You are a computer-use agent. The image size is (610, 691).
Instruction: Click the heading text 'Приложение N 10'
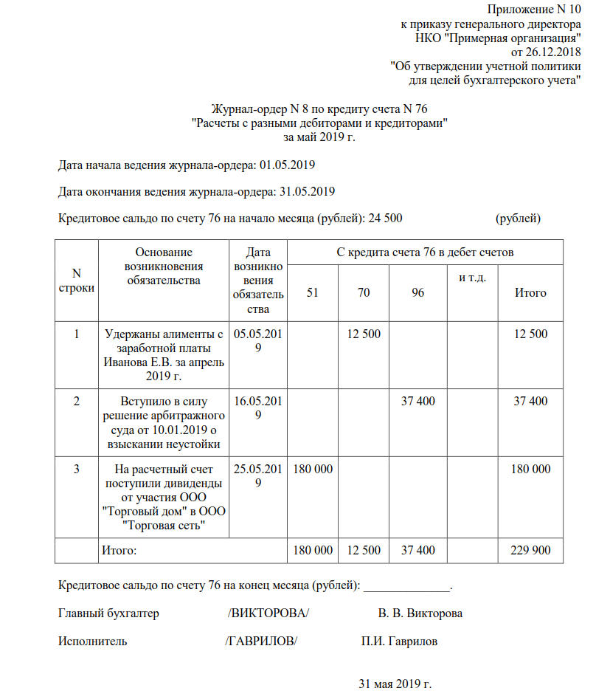pos(534,10)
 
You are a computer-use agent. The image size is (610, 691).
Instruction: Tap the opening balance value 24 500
pos(384,219)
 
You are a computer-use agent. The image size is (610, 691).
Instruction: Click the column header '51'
pos(313,292)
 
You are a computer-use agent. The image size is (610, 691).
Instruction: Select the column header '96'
pos(418,292)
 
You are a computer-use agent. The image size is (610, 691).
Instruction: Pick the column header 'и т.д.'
pos(473,278)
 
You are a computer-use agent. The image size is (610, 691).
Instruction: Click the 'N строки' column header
pos(77,281)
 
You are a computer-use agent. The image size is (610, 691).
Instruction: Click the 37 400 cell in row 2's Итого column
pos(530,401)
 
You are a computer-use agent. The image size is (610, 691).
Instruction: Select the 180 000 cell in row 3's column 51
pos(313,469)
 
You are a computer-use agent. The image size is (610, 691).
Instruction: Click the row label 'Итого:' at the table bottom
pos(119,550)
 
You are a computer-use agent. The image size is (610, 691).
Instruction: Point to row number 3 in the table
pos(77,469)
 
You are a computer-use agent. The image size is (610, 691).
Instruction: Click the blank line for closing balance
pos(406,588)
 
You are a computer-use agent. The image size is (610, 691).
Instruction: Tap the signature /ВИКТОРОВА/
pos(268,614)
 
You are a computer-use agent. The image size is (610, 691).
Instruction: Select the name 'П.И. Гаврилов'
pos(399,642)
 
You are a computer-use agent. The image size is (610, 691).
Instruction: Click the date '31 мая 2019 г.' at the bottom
pos(395,684)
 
